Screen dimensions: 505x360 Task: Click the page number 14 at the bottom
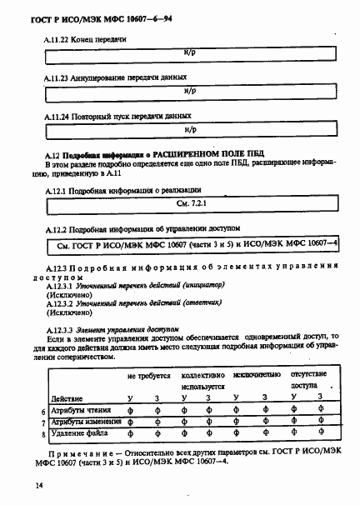[x=38, y=484]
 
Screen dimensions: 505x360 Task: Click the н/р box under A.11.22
[x=190, y=55]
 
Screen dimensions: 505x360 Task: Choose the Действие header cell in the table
[x=67, y=398]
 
